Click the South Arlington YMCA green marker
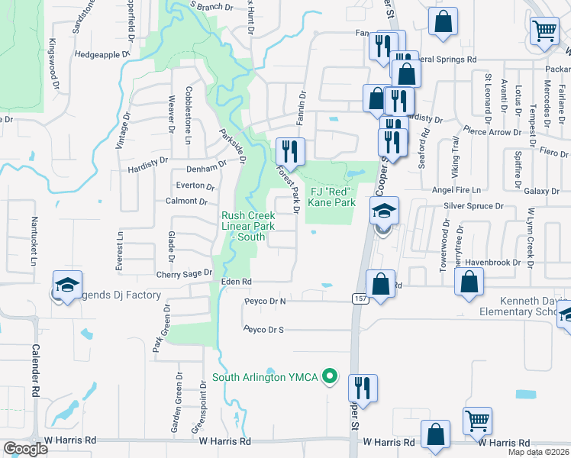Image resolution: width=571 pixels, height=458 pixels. coord(330,376)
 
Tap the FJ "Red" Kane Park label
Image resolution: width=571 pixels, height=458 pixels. coord(331,197)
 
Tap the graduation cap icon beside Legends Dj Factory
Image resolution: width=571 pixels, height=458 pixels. coord(67,285)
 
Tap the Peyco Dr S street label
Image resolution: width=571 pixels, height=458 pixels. coord(264,330)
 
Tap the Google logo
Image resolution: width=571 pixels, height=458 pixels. coord(25,449)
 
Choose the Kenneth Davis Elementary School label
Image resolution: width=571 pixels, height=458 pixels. coord(524,306)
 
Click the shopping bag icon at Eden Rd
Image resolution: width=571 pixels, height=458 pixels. coord(380,284)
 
